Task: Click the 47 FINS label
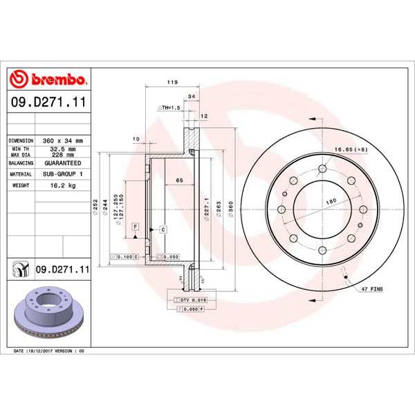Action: click(371, 287)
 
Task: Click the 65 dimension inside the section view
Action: click(178, 181)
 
